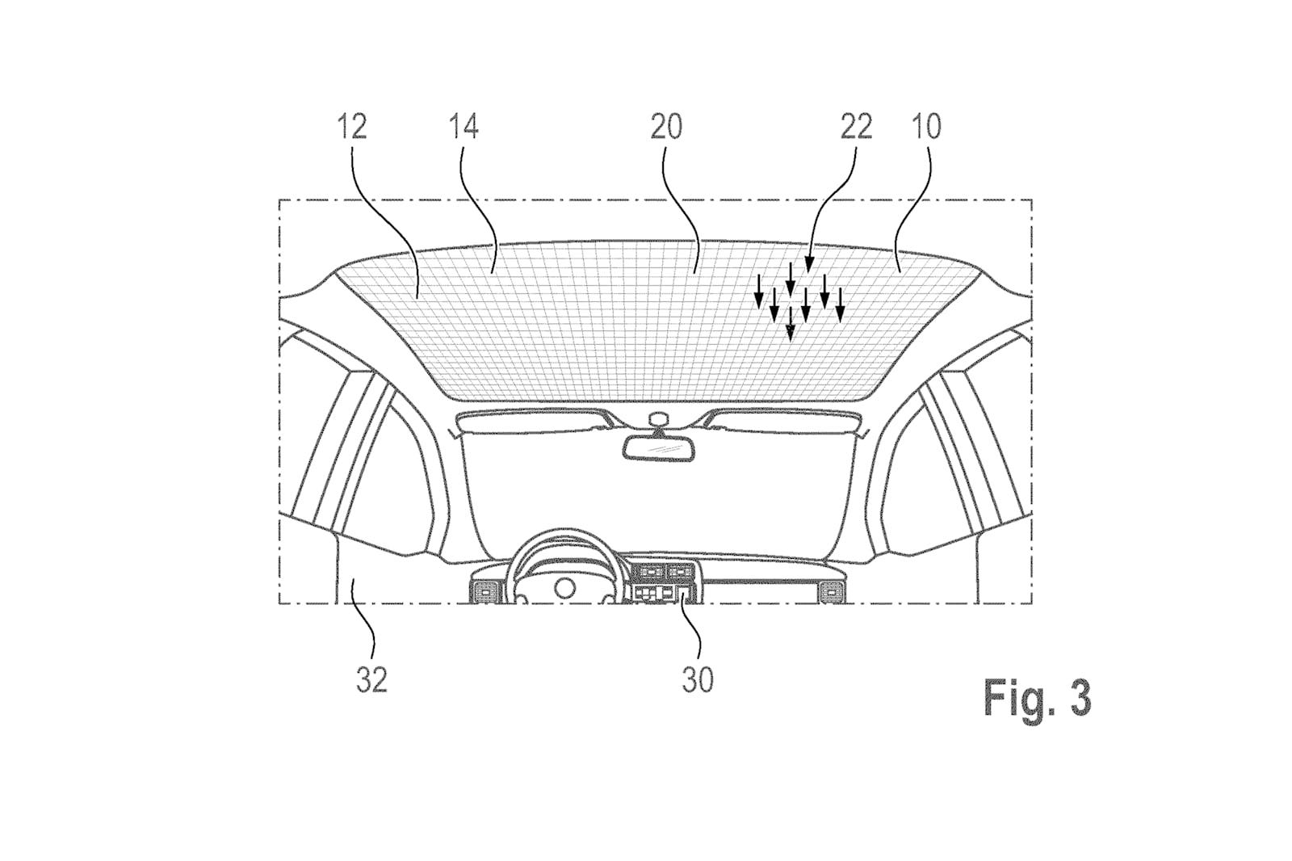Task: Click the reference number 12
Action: (x=352, y=126)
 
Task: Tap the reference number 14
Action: (x=464, y=126)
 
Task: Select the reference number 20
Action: (x=666, y=126)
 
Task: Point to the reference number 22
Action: (x=855, y=126)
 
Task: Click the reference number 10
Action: (x=926, y=126)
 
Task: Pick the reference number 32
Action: (x=371, y=680)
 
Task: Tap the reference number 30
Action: (x=698, y=680)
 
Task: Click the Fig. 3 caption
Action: (x=1037, y=698)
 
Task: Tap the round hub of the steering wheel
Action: (x=564, y=587)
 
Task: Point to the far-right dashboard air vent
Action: (x=830, y=590)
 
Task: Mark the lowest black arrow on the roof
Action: (x=791, y=323)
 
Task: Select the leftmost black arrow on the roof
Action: (x=759, y=292)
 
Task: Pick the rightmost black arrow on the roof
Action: (x=840, y=304)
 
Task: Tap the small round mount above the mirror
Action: (x=657, y=419)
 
